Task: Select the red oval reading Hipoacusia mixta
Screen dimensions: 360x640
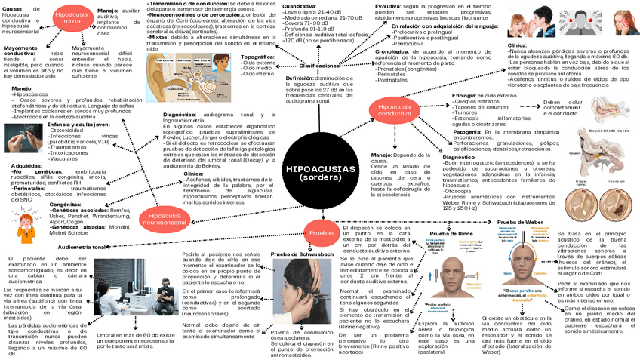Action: (75, 20)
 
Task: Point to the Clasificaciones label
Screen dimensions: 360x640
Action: (319, 66)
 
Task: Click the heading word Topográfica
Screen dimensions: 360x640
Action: (257, 57)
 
